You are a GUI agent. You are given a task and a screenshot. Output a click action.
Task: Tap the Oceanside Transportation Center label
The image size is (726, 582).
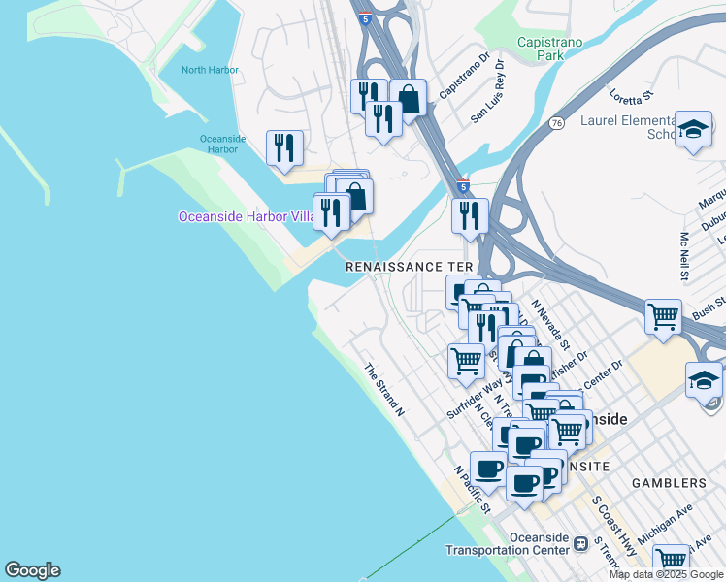click(x=507, y=544)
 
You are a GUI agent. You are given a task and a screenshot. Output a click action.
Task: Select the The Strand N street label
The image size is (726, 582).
click(x=383, y=390)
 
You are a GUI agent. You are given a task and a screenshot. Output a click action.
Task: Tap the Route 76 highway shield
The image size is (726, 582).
click(x=556, y=123)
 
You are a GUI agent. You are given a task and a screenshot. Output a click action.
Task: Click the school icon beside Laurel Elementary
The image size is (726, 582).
click(x=693, y=129)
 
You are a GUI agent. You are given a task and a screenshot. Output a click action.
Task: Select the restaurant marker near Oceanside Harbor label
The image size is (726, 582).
click(x=284, y=147)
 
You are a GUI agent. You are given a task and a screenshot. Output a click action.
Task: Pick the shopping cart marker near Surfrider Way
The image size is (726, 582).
click(x=467, y=361)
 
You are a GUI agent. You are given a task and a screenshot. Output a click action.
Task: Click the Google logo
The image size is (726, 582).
click(x=32, y=570)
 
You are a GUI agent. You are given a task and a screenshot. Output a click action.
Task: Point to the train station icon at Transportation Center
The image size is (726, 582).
click(x=581, y=543)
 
